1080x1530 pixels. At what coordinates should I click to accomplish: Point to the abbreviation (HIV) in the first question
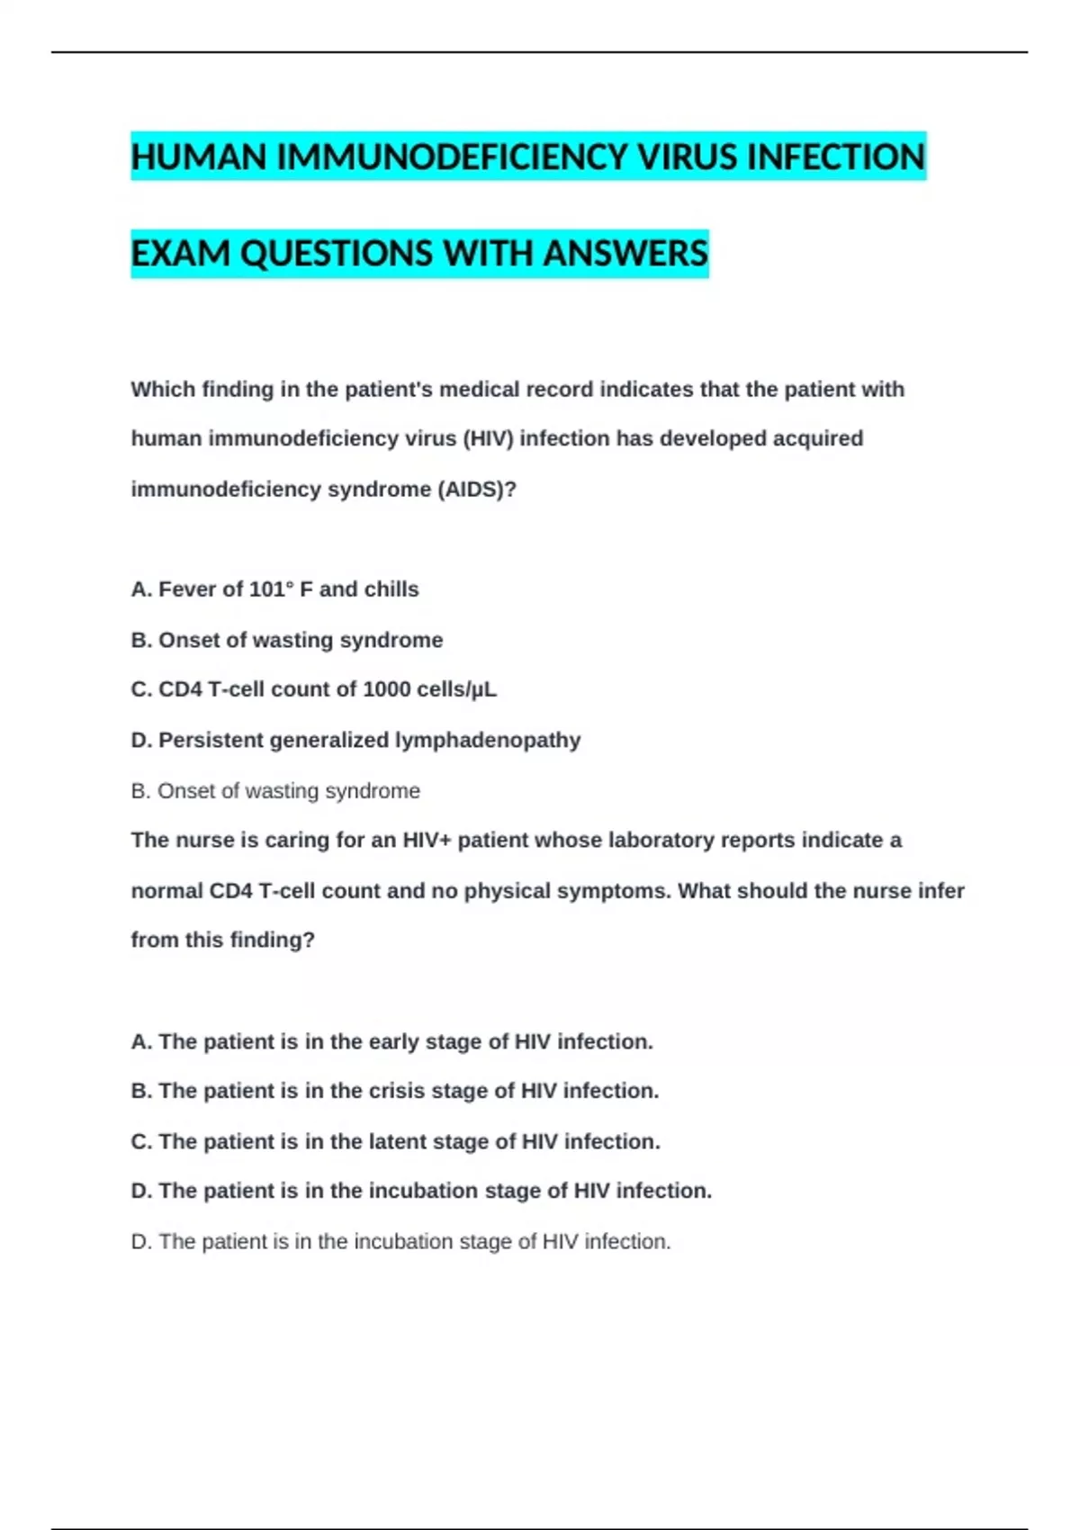[x=488, y=439]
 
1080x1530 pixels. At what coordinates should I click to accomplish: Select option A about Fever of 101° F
[x=274, y=589]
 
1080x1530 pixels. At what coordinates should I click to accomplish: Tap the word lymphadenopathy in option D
[x=488, y=741]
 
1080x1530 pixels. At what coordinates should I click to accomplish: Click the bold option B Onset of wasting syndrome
[x=286, y=640]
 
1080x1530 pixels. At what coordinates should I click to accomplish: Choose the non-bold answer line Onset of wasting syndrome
[x=275, y=791]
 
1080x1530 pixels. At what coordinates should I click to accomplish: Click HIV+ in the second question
[x=427, y=841]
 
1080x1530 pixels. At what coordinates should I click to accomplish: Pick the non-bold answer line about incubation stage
[x=400, y=1242]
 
